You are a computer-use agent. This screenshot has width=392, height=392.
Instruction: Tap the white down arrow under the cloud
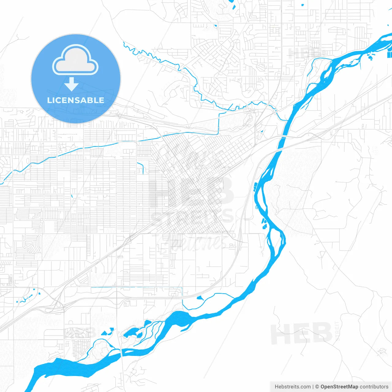tap(72, 85)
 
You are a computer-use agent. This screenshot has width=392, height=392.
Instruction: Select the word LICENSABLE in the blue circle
tap(76, 100)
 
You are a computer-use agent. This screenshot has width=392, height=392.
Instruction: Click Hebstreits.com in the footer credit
tap(292, 387)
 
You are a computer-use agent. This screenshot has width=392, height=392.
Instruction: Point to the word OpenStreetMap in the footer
tap(339, 387)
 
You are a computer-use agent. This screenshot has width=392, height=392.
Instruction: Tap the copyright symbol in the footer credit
tap(317, 387)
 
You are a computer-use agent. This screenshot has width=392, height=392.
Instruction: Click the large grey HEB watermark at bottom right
tap(301, 334)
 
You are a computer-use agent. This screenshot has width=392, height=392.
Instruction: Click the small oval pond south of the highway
tap(200, 297)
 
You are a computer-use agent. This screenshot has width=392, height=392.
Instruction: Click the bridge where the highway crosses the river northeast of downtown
tap(282, 136)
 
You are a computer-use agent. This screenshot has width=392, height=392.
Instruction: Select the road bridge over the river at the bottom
tap(121, 352)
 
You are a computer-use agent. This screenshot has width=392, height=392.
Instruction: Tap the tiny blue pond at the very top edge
tap(303, 5)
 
